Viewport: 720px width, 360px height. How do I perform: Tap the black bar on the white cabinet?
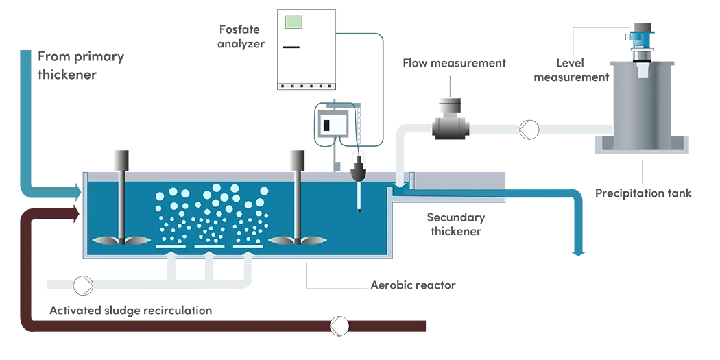pos(291,47)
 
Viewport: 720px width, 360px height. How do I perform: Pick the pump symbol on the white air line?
pos(83,283)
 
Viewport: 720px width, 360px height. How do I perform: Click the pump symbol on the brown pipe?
pos(338,326)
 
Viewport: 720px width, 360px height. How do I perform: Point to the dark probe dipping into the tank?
pos(359,171)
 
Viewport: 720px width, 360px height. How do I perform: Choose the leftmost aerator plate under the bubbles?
pos(170,245)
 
